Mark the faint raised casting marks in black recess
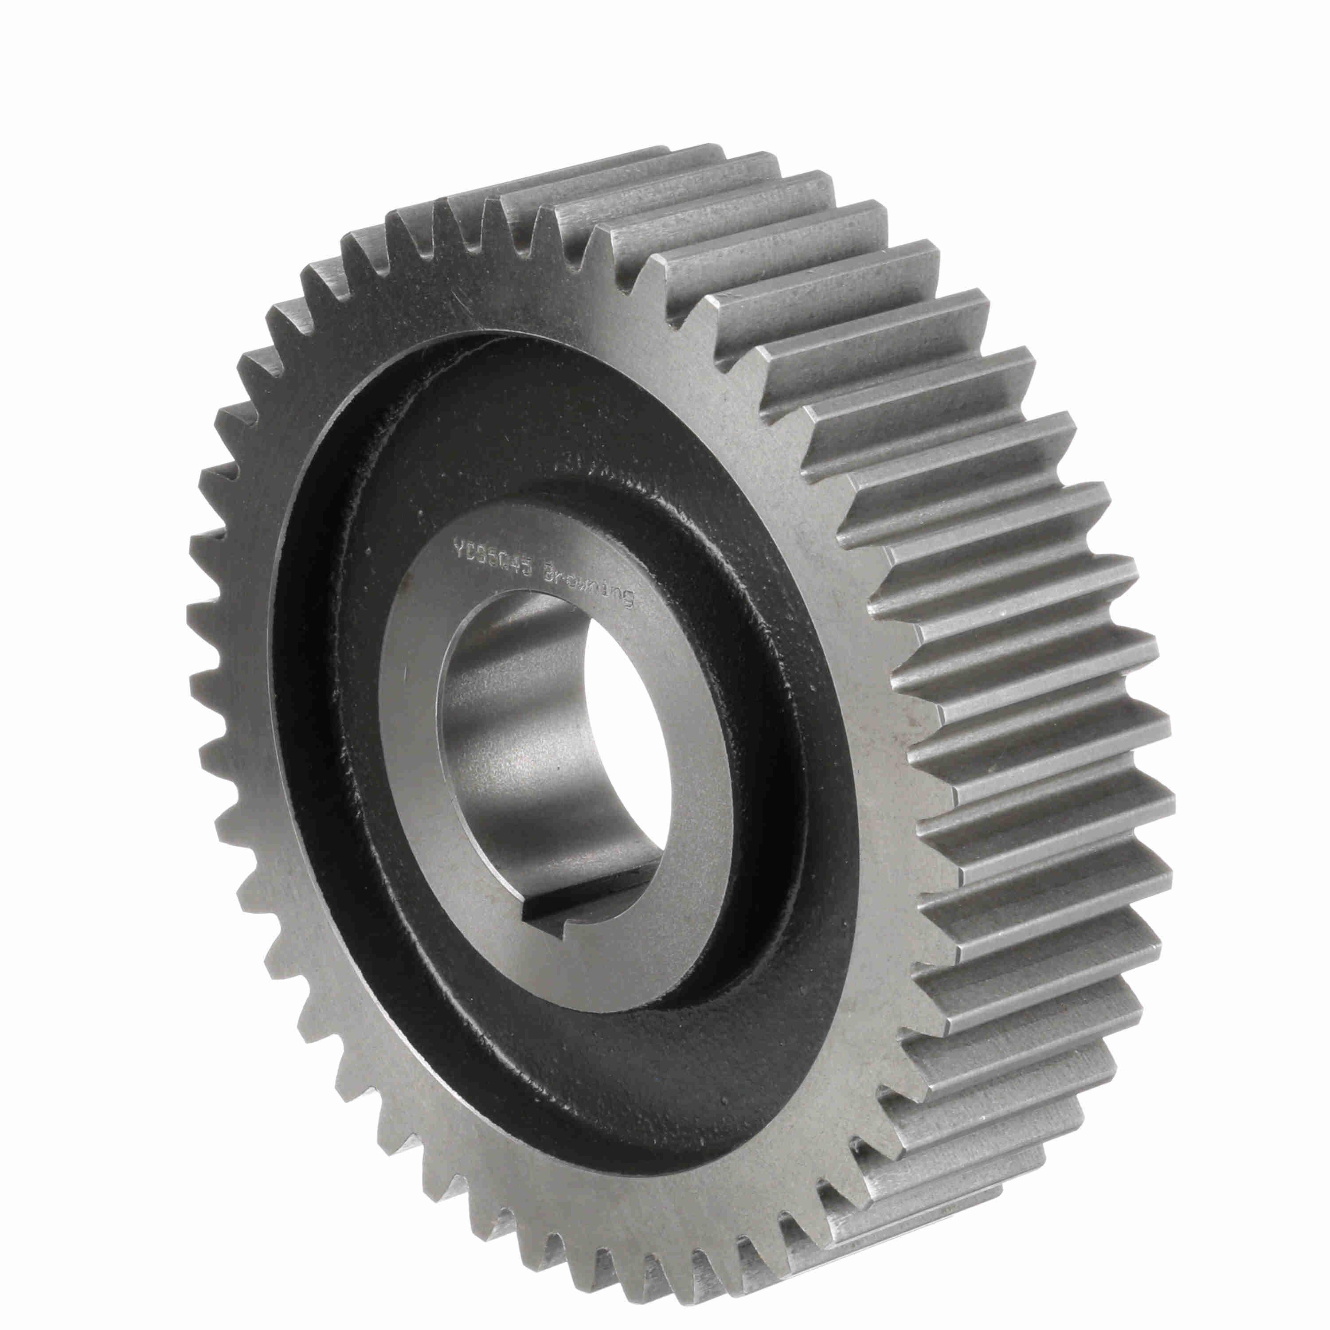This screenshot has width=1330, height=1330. [592, 469]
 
